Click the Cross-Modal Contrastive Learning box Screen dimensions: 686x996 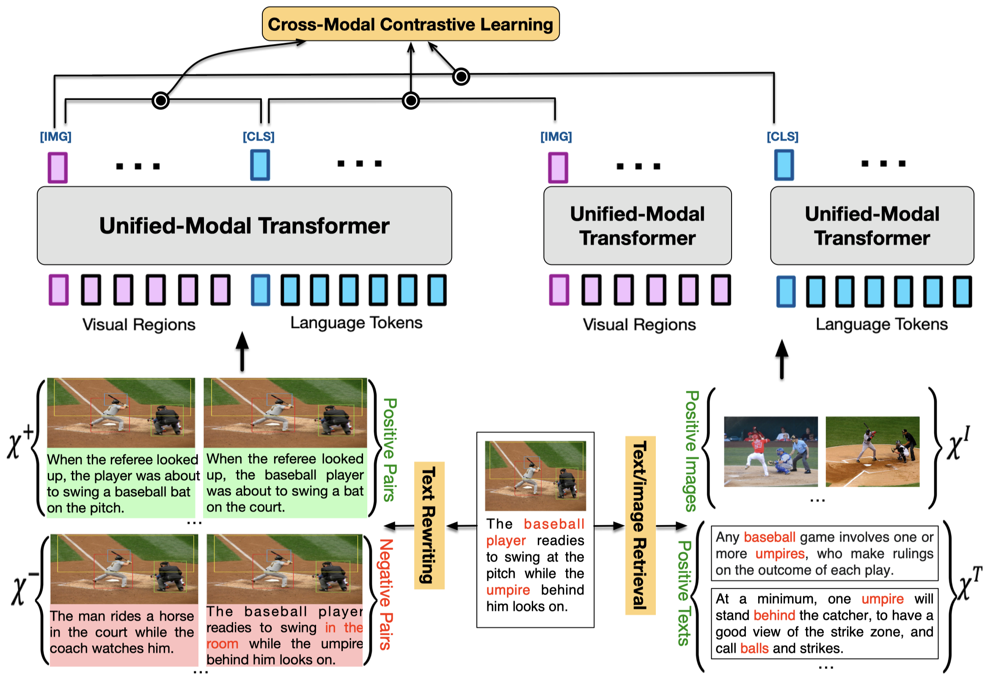point(411,24)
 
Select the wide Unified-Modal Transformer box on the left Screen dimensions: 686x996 point(244,226)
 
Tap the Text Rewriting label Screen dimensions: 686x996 point(429,525)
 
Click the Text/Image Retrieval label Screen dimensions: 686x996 point(640,525)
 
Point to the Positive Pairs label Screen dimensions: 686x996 point(390,450)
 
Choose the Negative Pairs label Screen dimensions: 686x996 point(386,594)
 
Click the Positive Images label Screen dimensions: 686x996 point(691,451)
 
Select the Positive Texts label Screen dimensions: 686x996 point(684,593)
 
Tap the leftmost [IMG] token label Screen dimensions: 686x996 point(55,137)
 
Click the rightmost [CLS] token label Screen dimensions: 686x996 point(782,137)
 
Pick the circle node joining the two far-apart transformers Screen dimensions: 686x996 point(461,77)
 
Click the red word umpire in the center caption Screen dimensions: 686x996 point(508,590)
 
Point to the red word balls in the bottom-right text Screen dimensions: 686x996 point(754,648)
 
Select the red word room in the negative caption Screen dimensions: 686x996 point(222,644)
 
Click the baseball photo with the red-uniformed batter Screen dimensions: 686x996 point(770,451)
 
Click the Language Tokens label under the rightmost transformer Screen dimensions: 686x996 point(881,324)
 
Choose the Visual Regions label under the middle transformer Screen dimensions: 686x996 point(639,324)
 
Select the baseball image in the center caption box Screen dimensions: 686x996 point(535,476)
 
